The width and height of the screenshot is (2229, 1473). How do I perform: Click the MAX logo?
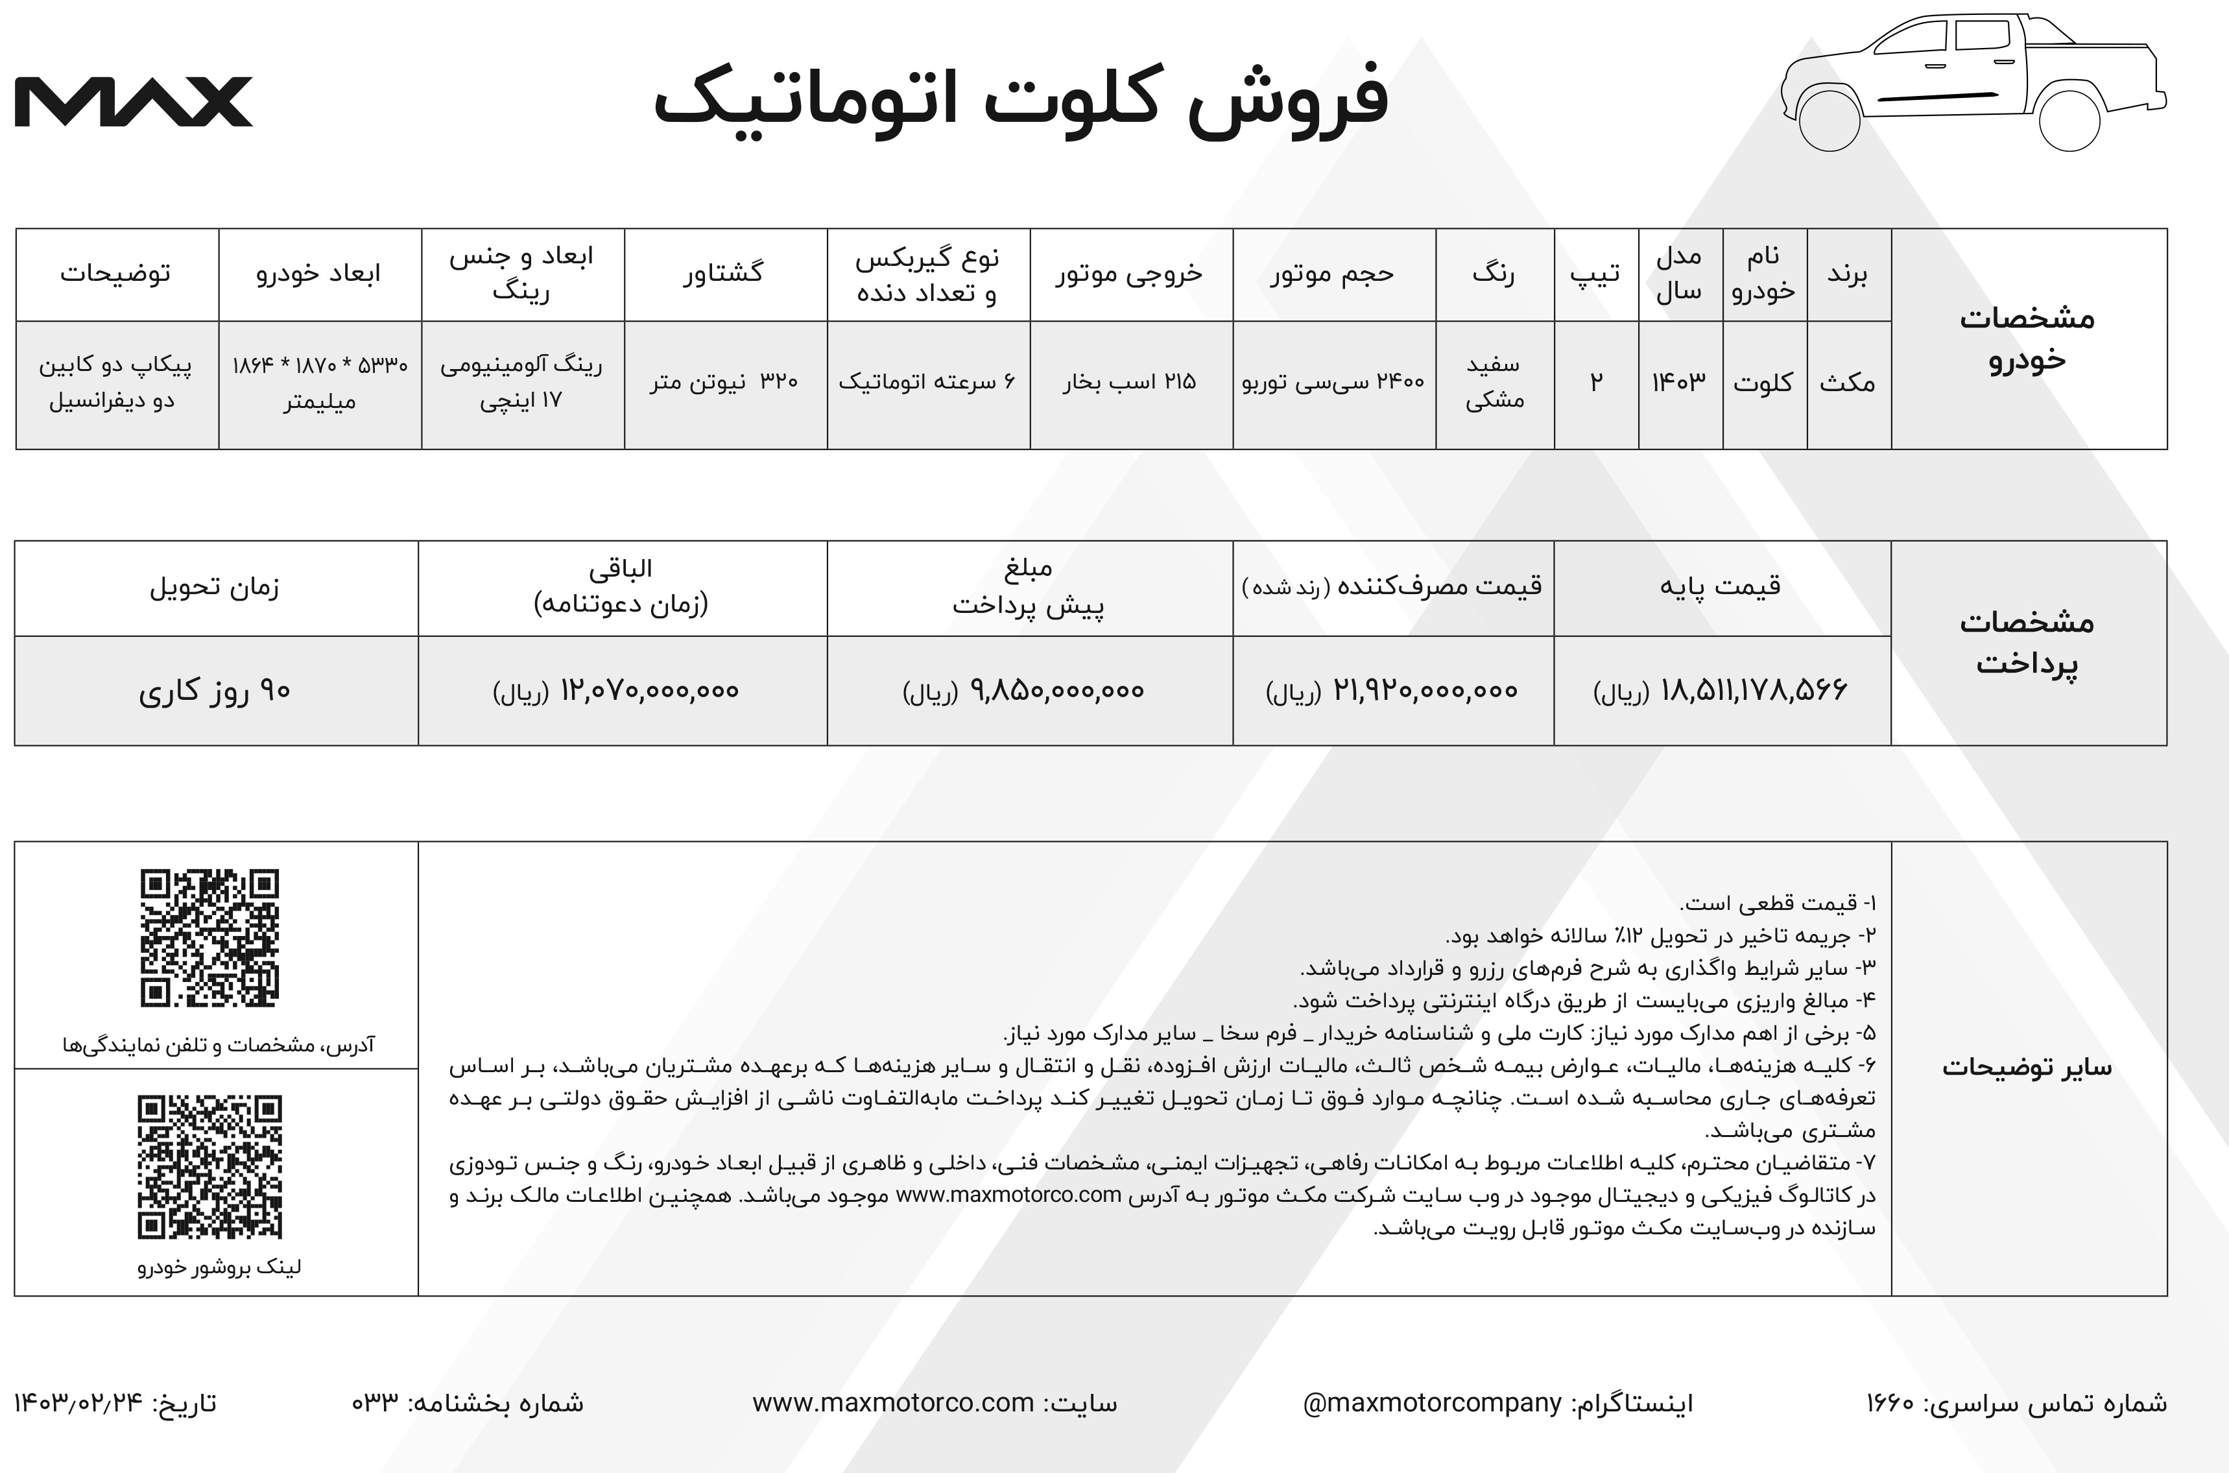(134, 101)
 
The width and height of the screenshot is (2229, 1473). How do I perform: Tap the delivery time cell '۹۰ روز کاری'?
(215, 691)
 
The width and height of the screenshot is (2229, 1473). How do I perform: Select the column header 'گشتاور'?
(723, 273)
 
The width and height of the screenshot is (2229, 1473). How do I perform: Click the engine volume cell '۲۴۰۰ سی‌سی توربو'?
(1333, 382)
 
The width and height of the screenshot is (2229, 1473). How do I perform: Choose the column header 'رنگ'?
(1494, 273)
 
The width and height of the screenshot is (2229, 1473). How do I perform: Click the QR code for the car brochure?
(209, 1167)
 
